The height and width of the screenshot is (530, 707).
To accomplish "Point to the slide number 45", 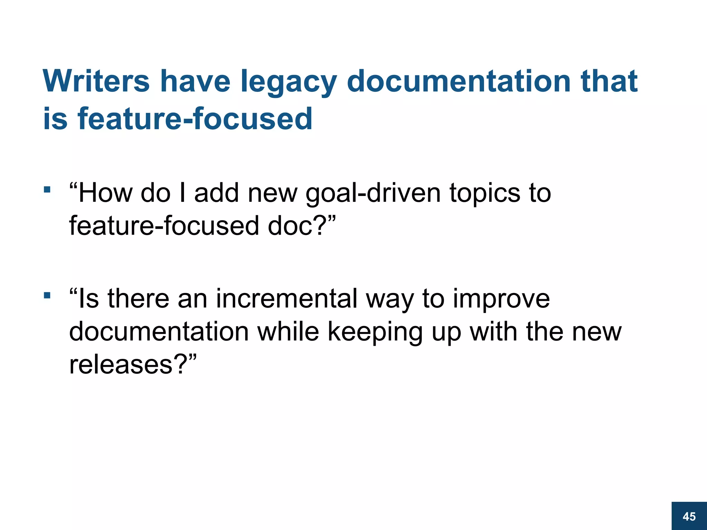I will [x=689, y=517].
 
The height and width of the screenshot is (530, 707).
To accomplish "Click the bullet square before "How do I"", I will [x=47, y=189].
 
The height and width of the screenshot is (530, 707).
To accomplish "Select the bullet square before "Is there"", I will [x=47, y=295].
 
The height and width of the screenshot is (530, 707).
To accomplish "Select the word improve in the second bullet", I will [x=501, y=299].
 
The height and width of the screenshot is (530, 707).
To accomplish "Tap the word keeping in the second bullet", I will [x=375, y=332].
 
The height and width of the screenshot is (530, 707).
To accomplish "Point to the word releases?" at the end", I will [x=133, y=364].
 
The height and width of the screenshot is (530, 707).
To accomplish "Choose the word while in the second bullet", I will [x=288, y=332].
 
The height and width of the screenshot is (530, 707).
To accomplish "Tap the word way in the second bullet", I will [x=390, y=299].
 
